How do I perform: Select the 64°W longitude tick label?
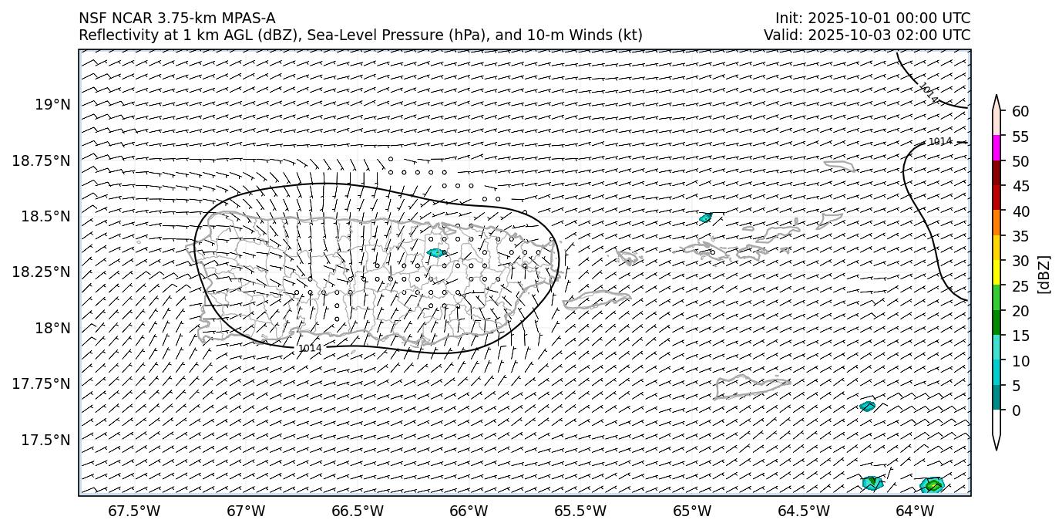[x=915, y=511]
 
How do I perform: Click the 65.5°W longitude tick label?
[x=580, y=511]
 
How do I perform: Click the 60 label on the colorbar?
[x=1021, y=111]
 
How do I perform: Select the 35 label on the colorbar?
[x=1021, y=236]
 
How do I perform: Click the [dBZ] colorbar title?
[x=1045, y=274]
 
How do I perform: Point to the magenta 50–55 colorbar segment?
[x=996, y=148]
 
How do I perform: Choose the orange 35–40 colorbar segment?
[x=996, y=223]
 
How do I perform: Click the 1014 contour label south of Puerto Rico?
[x=310, y=349]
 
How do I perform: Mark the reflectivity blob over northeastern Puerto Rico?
[x=437, y=252]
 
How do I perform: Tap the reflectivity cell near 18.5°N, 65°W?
[x=705, y=218]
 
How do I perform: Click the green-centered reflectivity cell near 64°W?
[x=933, y=485]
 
